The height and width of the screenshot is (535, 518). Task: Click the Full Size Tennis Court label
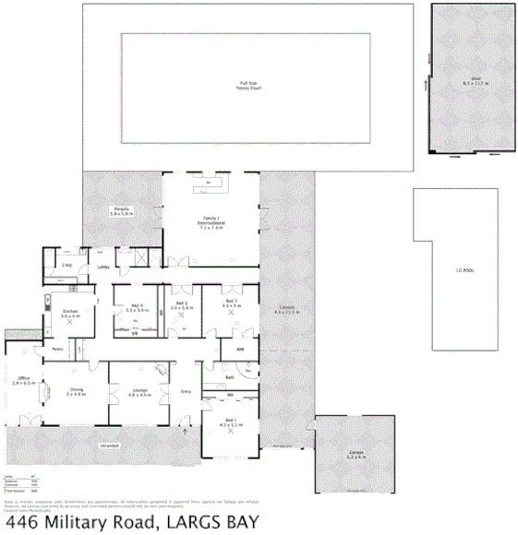tap(243, 87)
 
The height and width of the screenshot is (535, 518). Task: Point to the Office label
tap(23, 379)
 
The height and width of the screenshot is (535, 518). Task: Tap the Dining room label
tap(76, 391)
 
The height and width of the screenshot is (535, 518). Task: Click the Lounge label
tap(139, 391)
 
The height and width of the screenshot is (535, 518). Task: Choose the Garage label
tap(356, 452)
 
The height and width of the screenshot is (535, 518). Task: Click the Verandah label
tap(110, 446)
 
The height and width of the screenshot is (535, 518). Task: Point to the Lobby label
tap(103, 267)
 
